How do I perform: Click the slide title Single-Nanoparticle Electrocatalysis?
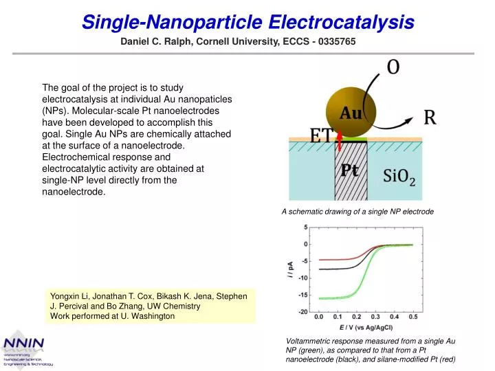pos(248,22)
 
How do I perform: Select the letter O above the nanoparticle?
pos(394,67)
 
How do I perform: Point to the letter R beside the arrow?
pos(430,117)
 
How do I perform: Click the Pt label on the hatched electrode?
pos(350,172)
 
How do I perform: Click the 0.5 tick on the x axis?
pos(412,318)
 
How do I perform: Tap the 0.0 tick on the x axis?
pos(319,318)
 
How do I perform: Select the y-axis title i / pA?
pos(292,269)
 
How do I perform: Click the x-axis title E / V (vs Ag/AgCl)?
pos(366,328)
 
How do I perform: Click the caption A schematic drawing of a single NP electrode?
pos(357,212)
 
